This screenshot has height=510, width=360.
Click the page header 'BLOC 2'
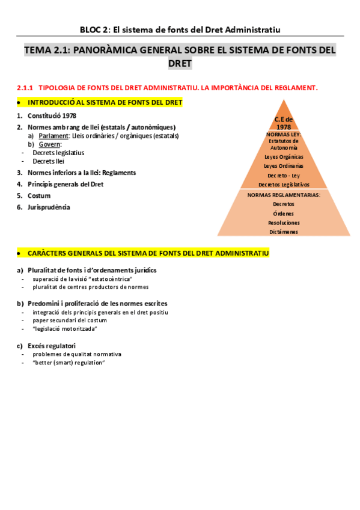click(93, 29)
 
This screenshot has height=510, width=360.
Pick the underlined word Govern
click(50, 144)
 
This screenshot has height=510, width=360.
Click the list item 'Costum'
click(39, 195)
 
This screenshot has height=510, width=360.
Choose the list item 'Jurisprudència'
click(49, 207)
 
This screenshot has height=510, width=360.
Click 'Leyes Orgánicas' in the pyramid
click(284, 156)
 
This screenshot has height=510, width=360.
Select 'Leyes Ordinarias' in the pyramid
click(284, 165)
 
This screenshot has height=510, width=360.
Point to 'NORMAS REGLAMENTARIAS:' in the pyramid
click(284, 195)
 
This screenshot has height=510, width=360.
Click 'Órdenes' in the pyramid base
click(284, 214)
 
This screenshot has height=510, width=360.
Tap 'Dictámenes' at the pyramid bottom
click(284, 232)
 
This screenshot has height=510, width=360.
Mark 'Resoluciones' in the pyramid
click(284, 223)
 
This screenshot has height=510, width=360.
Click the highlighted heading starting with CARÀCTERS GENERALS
click(147, 253)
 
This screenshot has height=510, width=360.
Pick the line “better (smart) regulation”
click(69, 363)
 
